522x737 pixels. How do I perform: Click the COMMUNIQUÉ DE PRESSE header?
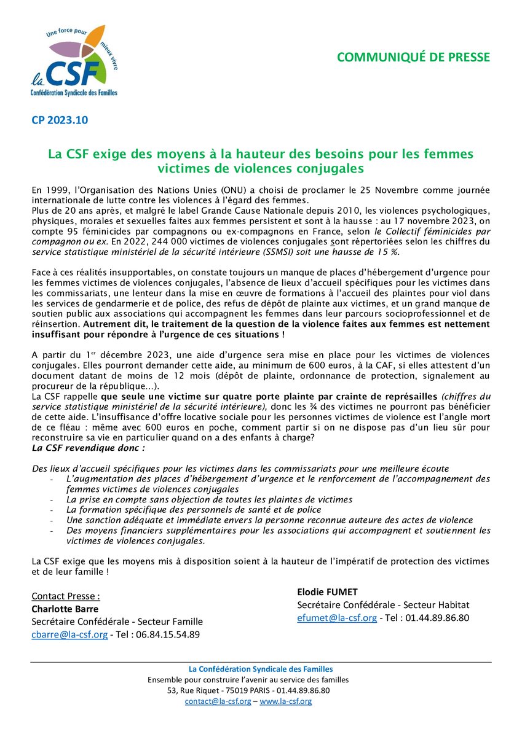point(413,57)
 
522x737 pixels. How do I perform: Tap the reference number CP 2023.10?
point(60,120)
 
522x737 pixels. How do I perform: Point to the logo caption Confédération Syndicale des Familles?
point(74,92)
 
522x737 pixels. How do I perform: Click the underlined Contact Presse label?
point(66,596)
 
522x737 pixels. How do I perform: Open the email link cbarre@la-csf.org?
point(69,634)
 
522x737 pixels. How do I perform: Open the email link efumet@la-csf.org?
point(336,618)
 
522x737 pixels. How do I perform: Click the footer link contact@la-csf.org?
point(218,701)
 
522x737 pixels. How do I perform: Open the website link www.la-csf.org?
point(285,701)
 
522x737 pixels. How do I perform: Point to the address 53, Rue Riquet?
point(194,690)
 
